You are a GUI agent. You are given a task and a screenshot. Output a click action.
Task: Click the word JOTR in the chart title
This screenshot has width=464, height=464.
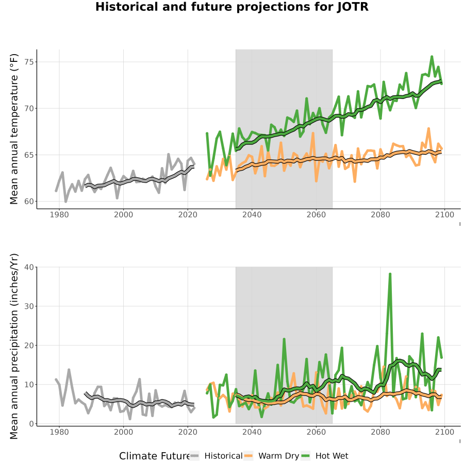(353, 7)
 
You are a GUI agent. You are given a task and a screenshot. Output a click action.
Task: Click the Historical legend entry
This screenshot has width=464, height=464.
(223, 456)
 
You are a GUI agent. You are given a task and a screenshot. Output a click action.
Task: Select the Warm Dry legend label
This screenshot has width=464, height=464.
(279, 456)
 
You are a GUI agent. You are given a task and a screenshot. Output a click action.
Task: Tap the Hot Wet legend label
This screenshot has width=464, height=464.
(332, 456)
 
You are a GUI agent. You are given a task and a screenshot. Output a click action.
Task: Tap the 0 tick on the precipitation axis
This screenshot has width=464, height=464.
(31, 424)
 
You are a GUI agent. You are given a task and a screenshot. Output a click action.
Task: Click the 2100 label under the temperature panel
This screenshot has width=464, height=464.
(445, 215)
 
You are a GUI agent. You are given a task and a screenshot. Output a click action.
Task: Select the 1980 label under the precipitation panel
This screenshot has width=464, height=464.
(59, 432)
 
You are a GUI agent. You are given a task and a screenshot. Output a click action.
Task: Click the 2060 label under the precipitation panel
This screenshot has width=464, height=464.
(316, 432)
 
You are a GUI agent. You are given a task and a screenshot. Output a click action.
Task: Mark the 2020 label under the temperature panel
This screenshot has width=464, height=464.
(188, 215)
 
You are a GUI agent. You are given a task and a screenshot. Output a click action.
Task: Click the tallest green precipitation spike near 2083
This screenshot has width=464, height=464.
(390, 274)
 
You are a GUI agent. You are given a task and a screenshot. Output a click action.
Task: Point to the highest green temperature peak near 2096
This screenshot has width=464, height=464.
(432, 57)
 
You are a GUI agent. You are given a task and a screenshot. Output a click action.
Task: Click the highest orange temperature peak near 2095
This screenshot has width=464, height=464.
(428, 129)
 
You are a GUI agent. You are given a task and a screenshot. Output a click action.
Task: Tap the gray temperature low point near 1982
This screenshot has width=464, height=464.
(65, 202)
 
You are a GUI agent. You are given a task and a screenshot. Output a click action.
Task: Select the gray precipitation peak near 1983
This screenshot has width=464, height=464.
(69, 370)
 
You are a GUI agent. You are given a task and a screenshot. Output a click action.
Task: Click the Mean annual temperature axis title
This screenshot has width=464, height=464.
(14, 129)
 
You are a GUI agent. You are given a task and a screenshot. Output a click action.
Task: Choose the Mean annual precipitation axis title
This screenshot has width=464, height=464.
(14, 346)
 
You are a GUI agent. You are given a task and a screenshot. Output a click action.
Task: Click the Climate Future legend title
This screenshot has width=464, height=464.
(155, 456)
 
